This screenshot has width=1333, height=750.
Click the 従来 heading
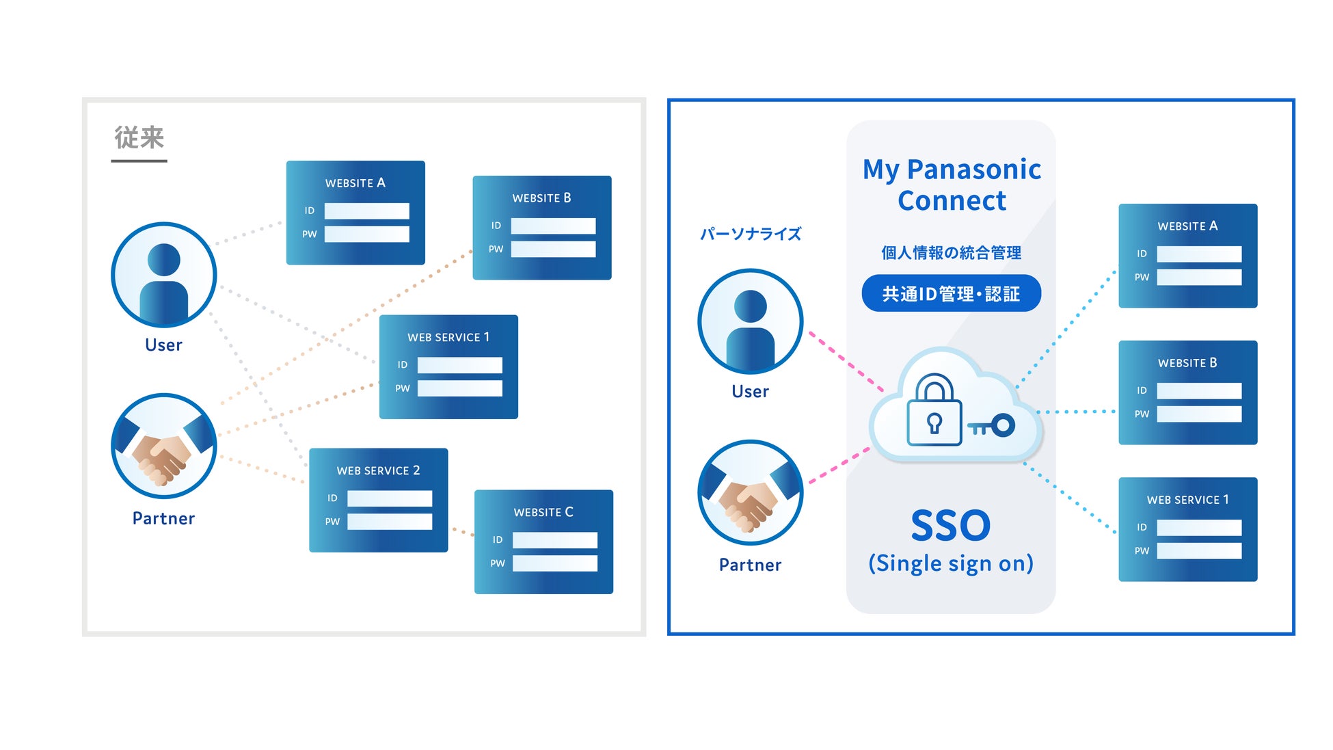pyautogui.click(x=139, y=138)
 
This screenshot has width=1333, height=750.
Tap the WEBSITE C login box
pyautogui.click(x=543, y=541)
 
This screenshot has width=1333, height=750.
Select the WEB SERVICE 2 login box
pyautogui.click(x=378, y=500)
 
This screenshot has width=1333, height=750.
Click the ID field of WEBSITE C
pyautogui.click(x=554, y=540)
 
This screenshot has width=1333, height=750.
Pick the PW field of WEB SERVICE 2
pyautogui.click(x=389, y=522)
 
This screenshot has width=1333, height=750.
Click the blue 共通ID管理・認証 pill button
pyautogui.click(x=951, y=293)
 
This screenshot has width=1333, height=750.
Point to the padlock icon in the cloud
pyautogui.click(x=933, y=410)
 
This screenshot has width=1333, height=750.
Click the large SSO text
pyautogui.click(x=950, y=525)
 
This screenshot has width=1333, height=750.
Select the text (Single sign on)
pyautogui.click(x=950, y=563)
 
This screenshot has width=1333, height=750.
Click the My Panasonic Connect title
pyautogui.click(x=952, y=185)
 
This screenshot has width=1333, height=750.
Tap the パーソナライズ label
pyautogui.click(x=750, y=234)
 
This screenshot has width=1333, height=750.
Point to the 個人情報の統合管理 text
pyautogui.click(x=951, y=253)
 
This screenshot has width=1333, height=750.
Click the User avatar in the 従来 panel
pyautogui.click(x=164, y=275)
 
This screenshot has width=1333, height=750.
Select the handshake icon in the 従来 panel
pyautogui.click(x=164, y=446)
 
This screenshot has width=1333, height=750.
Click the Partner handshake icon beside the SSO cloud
pyautogui.click(x=750, y=492)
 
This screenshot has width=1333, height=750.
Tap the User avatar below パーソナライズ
pyautogui.click(x=750, y=321)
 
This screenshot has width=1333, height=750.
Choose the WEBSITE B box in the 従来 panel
pyautogui.click(x=542, y=228)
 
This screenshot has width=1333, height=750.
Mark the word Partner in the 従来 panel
pyautogui.click(x=163, y=518)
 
